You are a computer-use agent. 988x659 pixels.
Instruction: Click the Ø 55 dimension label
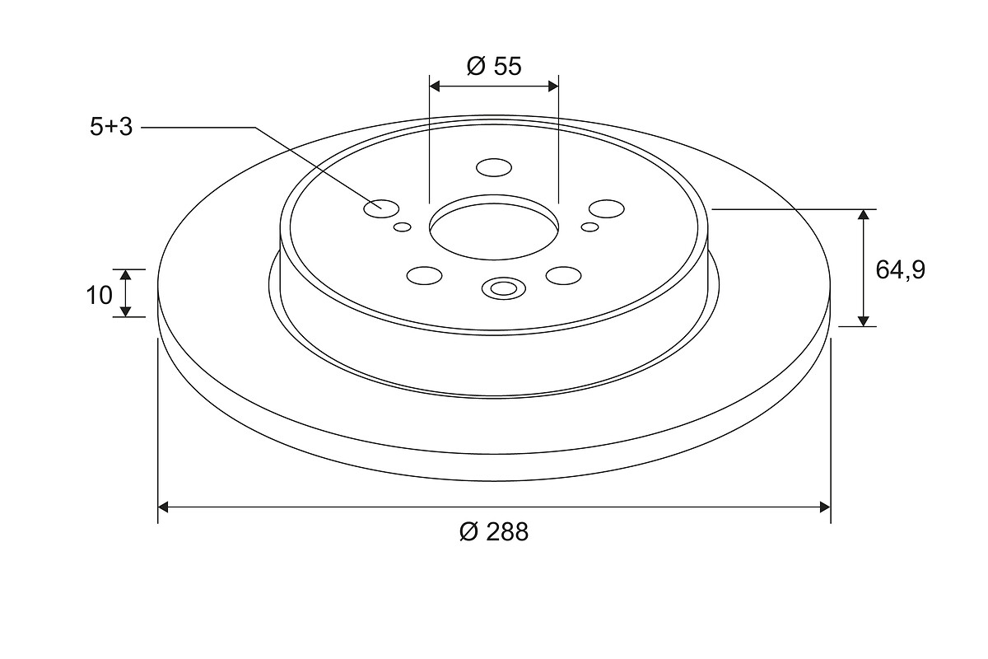(x=494, y=66)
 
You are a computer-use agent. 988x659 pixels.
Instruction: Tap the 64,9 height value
(x=900, y=270)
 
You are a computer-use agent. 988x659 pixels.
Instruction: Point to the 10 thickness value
(x=100, y=295)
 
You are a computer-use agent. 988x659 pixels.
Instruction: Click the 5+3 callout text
(x=111, y=127)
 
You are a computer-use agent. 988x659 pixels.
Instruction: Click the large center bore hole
(x=494, y=227)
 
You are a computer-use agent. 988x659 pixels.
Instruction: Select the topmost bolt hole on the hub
(x=494, y=168)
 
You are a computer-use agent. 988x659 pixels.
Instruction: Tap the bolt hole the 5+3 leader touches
(x=381, y=208)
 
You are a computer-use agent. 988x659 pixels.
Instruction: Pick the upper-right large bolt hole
(x=607, y=208)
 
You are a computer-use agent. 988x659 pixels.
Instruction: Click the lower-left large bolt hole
(x=424, y=275)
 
